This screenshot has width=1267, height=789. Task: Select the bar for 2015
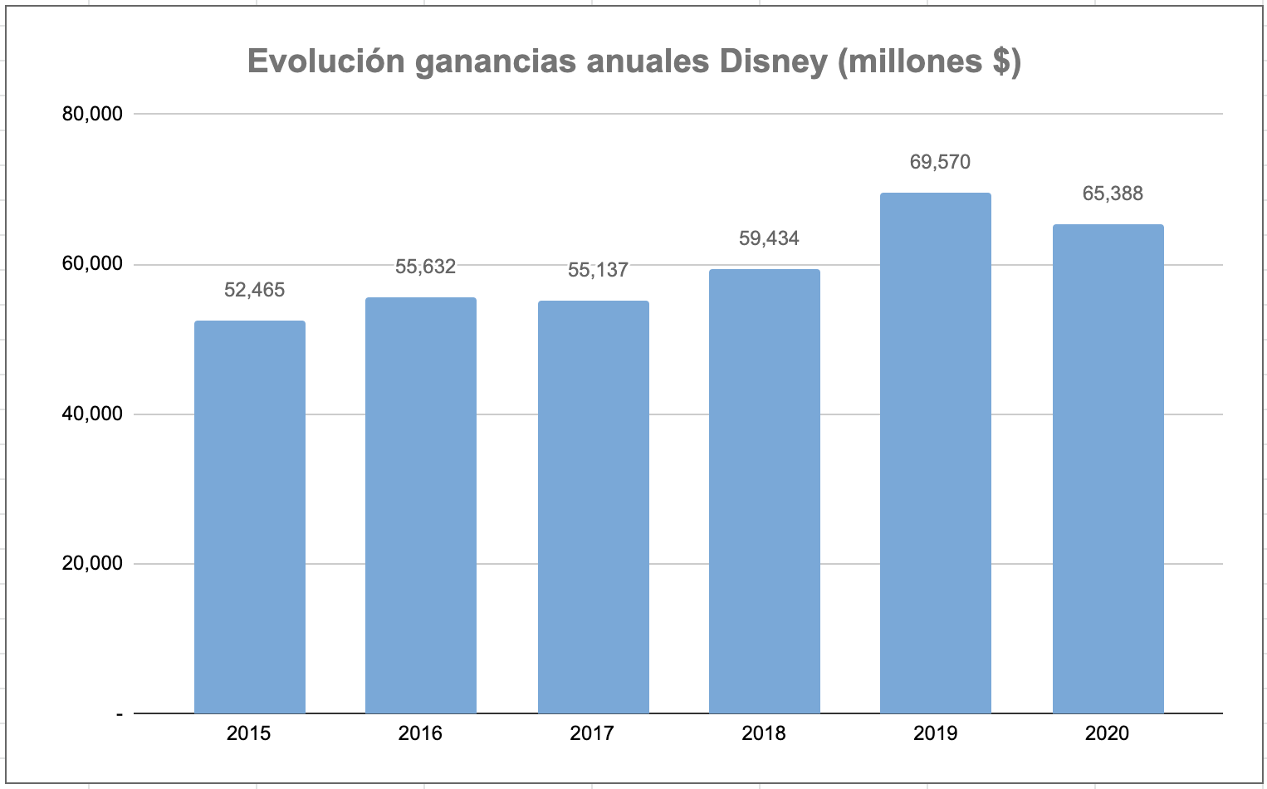click(249, 517)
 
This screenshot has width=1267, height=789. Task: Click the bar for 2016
click(421, 505)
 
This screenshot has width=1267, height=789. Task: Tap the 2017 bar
click(593, 507)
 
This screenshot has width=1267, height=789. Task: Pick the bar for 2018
click(764, 491)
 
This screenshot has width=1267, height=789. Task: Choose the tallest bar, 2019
click(935, 453)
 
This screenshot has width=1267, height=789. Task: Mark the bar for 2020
click(1108, 468)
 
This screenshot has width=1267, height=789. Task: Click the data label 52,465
click(254, 290)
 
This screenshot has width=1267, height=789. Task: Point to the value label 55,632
click(425, 267)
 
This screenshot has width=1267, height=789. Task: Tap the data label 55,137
click(598, 270)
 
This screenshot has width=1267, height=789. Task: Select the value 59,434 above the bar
click(769, 238)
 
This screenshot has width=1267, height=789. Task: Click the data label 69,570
click(940, 162)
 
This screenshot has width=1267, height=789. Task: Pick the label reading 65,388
click(1113, 194)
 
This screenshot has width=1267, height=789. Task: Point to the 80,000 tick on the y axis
click(92, 114)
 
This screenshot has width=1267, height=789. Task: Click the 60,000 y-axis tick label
click(92, 264)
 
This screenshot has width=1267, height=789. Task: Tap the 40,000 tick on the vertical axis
click(92, 414)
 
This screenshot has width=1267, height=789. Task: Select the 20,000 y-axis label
click(92, 563)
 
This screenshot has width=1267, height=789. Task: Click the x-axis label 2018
click(764, 733)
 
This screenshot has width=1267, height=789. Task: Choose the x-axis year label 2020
click(1107, 733)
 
